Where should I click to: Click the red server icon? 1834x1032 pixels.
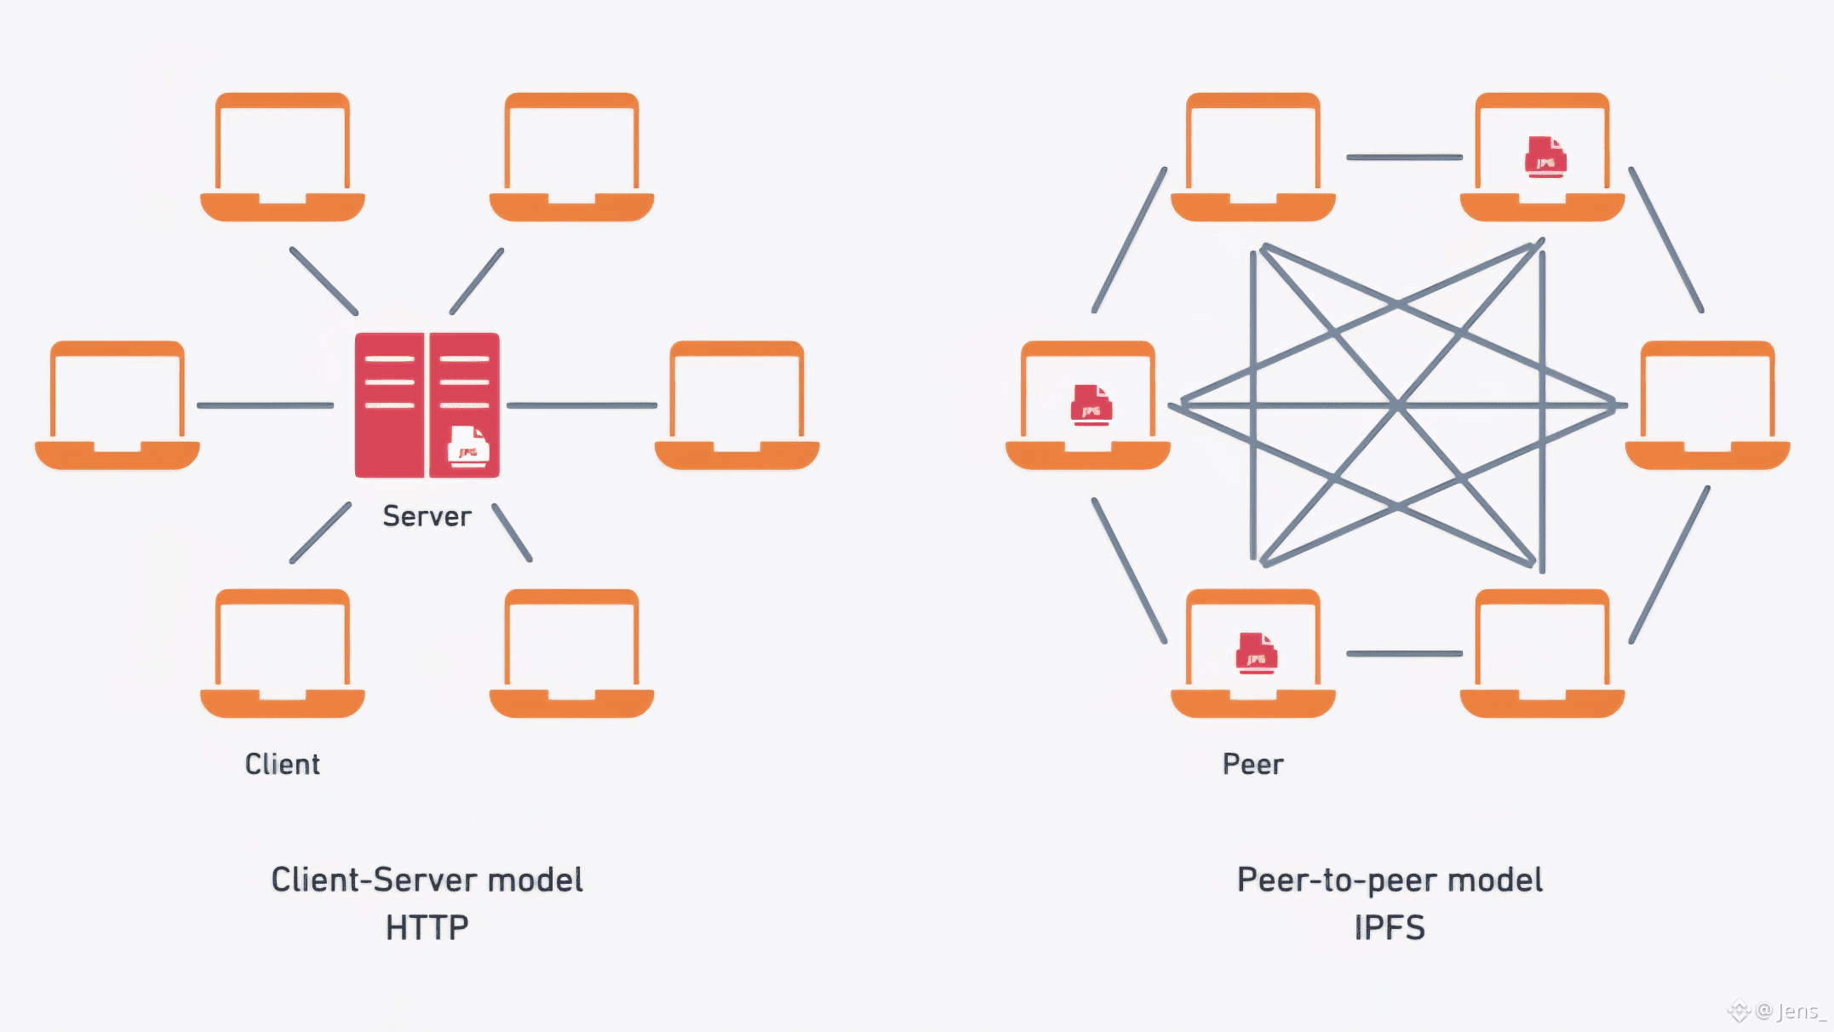(427, 404)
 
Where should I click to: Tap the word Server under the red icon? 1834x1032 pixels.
(427, 516)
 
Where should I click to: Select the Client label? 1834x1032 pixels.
(283, 764)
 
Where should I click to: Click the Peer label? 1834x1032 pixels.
(1252, 764)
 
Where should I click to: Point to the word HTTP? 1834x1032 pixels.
(427, 927)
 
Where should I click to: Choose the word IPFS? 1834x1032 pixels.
(1390, 927)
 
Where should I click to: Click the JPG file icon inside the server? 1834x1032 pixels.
(468, 446)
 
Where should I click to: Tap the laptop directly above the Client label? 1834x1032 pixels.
(283, 653)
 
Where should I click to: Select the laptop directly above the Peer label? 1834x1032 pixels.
(1252, 653)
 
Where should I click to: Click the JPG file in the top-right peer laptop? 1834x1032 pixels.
(1545, 157)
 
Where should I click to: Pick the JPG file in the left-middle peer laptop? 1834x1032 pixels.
(1091, 405)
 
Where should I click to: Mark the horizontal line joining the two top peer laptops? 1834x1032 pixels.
(1404, 158)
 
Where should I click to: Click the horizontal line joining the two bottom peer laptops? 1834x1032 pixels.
(1404, 654)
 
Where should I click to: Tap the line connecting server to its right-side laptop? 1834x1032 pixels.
(582, 405)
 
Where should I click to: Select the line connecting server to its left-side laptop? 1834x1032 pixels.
(265, 405)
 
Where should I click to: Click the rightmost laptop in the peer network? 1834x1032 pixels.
(1707, 405)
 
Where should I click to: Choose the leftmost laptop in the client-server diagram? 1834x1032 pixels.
(117, 405)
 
